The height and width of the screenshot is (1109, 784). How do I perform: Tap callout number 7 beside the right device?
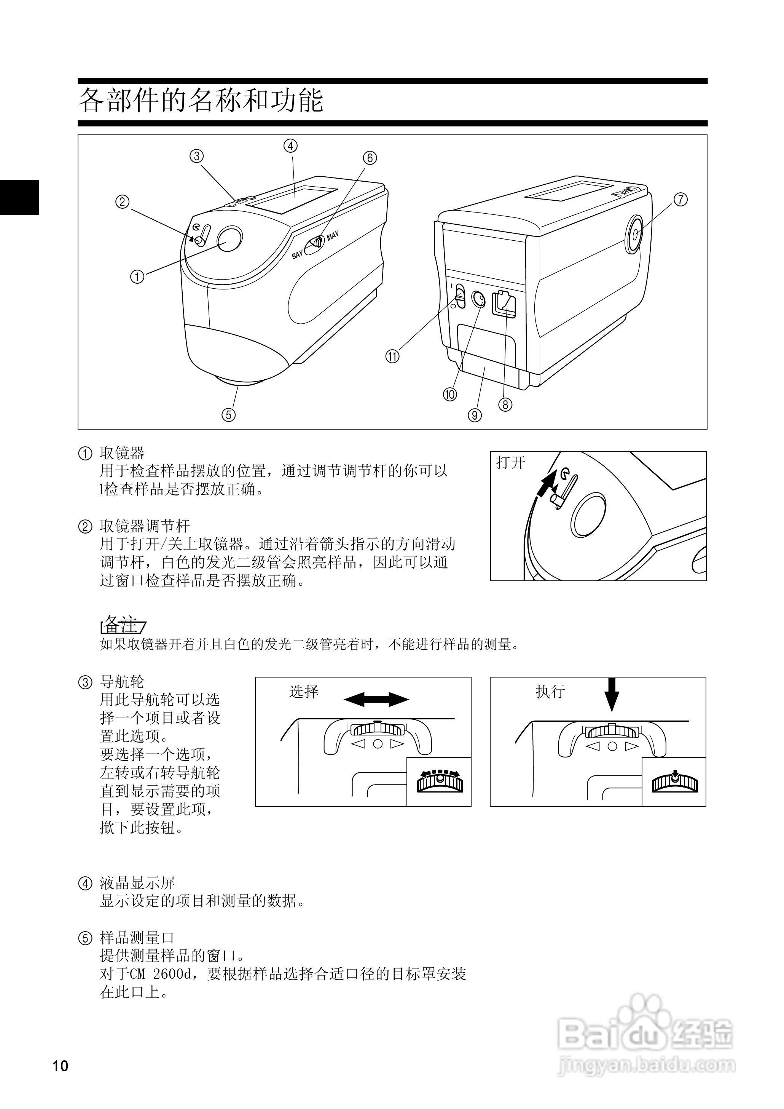point(680,199)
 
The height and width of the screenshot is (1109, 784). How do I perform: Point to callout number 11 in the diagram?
point(392,356)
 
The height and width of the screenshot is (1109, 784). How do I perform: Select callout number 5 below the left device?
point(228,414)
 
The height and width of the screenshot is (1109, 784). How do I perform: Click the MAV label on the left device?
point(333,236)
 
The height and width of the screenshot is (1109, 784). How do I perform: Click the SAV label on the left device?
point(297,254)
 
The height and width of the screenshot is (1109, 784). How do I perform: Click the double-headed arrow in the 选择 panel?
point(376,699)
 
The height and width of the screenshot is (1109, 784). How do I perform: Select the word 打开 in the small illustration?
point(510,463)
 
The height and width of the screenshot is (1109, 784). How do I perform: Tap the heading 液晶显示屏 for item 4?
point(137,883)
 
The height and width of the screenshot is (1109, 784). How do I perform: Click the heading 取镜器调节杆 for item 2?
point(145,526)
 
